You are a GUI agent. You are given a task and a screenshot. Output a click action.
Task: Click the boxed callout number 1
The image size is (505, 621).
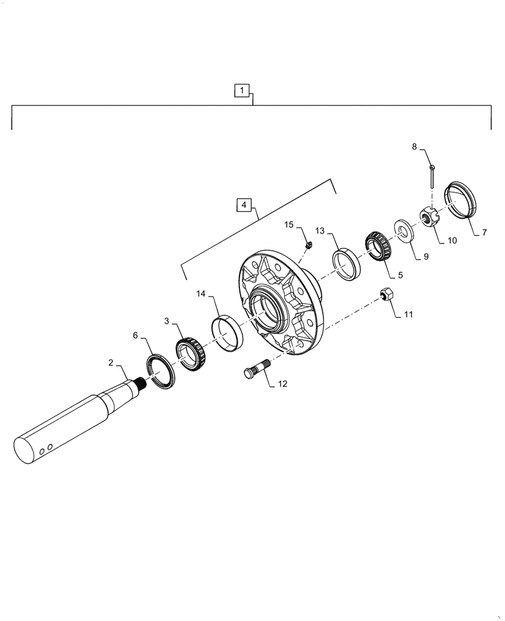click(x=242, y=91)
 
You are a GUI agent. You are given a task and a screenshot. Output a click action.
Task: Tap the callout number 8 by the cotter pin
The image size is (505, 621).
click(x=414, y=147)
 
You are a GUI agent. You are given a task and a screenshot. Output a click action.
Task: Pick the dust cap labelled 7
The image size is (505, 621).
click(x=461, y=200)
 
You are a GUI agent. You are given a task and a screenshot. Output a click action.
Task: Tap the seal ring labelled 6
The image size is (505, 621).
click(x=160, y=373)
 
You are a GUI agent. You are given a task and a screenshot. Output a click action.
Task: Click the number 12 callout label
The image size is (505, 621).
click(x=282, y=384)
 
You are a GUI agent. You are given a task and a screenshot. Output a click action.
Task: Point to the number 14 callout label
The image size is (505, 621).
click(x=202, y=293)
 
